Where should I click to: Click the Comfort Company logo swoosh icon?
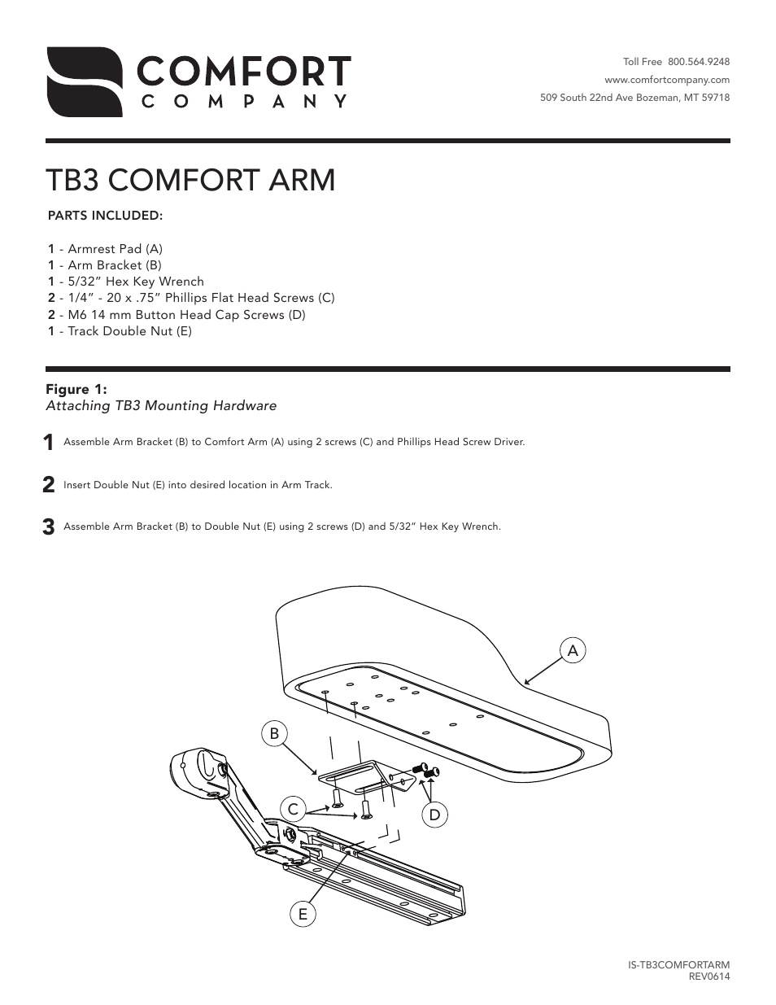coord(84,81)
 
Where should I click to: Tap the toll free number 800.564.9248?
coord(698,62)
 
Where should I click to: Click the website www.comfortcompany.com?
coord(666,80)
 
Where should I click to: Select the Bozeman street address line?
coord(634,98)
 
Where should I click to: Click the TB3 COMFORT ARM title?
coord(190,180)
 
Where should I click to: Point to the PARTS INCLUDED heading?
coord(106,216)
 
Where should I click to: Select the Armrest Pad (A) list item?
coord(106,249)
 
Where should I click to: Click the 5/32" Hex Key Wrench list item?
coord(126,282)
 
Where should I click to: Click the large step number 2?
coord(49,485)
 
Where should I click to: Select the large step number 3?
coord(49,527)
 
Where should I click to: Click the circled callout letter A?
coord(573,650)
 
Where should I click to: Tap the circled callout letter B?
coord(274,733)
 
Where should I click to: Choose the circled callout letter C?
coord(294,809)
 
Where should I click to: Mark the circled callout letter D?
coord(434,814)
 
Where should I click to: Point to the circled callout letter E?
coord(303,914)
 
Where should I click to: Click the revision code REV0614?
coord(709,977)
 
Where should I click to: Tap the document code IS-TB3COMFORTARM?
coord(678,965)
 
